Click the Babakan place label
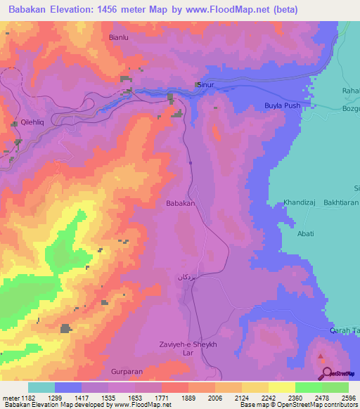pos(179,203)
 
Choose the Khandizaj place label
pos(301,202)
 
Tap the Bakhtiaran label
pos(340,202)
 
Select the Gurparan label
pos(127,370)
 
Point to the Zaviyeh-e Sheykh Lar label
pos(185,349)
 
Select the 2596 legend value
pos(347,398)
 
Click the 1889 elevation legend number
pos(187,398)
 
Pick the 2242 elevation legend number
pos(267,398)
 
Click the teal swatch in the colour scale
pos(41,387)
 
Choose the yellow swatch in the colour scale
pos(281,387)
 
